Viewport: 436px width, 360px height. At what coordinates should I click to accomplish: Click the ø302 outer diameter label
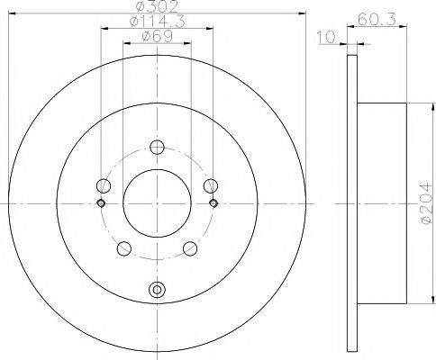pyautogui.click(x=157, y=6)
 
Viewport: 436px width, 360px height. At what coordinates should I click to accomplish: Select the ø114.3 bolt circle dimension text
pyautogui.click(x=157, y=22)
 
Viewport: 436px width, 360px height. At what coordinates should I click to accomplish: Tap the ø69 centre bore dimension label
pyautogui.click(x=157, y=37)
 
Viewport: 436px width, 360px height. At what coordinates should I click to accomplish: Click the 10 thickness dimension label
pyautogui.click(x=326, y=37)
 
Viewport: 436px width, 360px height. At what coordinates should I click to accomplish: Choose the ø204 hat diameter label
pyautogui.click(x=427, y=203)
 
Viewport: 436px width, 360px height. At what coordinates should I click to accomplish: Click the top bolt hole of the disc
pyautogui.click(x=157, y=147)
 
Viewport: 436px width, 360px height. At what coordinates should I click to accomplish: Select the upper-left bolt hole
pyautogui.click(x=104, y=186)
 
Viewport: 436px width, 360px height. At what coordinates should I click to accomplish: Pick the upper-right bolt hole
pyautogui.click(x=211, y=186)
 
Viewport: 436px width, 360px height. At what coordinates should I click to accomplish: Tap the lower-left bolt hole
pyautogui.click(x=124, y=248)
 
